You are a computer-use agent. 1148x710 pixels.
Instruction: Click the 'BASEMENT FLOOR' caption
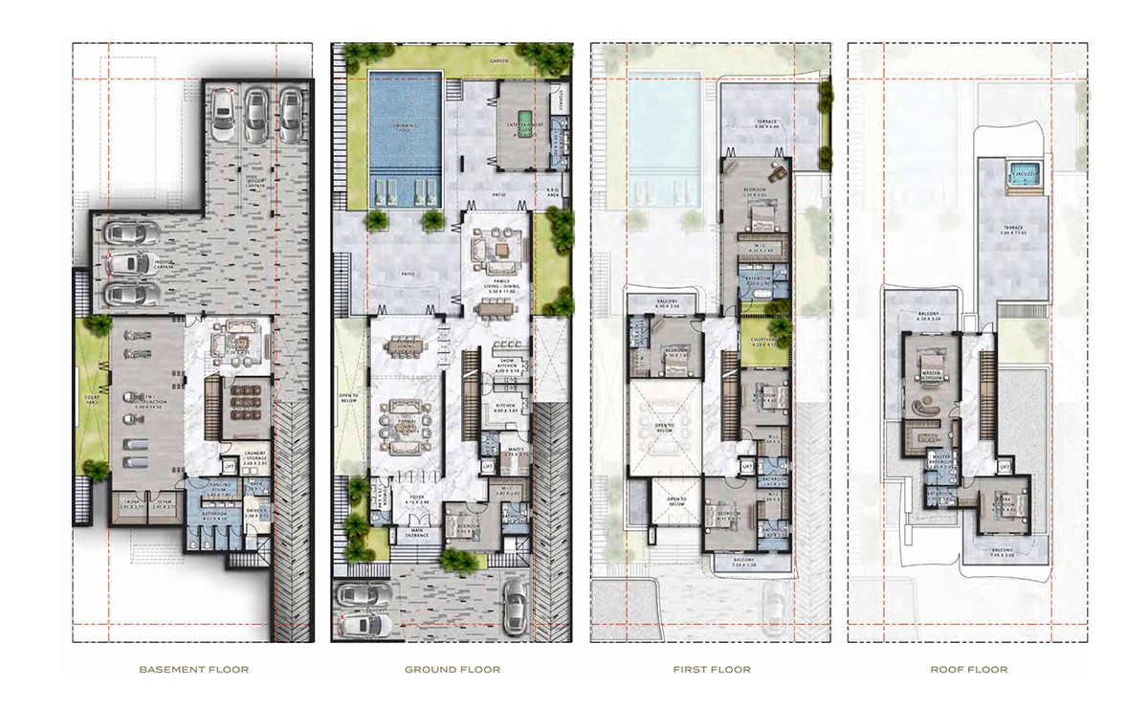(193, 670)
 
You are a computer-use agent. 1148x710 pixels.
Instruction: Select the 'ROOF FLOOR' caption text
(968, 670)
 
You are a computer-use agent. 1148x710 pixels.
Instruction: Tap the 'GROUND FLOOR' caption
(452, 670)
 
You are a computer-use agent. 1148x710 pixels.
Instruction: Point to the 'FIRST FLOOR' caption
(711, 670)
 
